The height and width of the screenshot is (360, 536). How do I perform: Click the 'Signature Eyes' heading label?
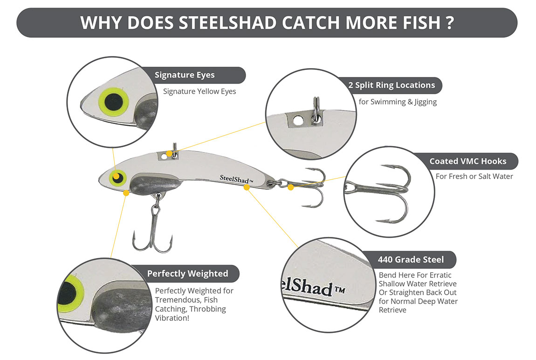[185, 75]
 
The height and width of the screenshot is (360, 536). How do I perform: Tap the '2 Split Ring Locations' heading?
[392, 85]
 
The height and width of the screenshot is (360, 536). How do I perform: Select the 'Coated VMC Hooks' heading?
[467, 162]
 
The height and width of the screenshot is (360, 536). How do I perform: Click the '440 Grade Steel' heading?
[411, 259]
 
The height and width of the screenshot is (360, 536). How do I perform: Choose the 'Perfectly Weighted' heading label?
[187, 273]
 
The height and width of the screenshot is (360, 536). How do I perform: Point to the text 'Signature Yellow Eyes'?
[199, 91]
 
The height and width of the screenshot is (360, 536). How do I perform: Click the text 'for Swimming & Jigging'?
[398, 102]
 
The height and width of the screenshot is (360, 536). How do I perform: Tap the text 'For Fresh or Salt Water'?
[474, 176]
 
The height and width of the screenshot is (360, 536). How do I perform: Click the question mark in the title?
[449, 22]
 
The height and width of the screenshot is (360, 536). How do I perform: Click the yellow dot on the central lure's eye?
[115, 175]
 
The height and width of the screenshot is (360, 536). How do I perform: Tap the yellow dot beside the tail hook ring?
[291, 187]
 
